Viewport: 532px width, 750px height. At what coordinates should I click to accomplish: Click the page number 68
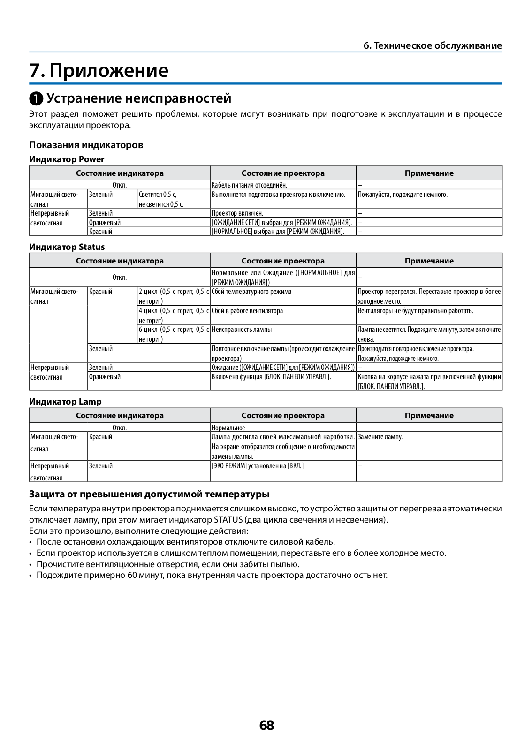coord(266,726)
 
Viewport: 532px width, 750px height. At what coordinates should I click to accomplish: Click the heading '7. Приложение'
coord(99,70)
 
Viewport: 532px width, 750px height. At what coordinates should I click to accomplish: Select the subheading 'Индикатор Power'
coord(67,159)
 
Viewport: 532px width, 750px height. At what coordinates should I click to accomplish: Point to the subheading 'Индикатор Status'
coord(67,247)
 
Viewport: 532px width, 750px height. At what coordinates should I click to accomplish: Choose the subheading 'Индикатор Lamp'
coord(65,401)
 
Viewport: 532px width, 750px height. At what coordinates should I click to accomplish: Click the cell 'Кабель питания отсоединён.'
coord(249,185)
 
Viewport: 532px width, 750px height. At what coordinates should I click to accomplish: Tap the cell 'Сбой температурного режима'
coord(251,292)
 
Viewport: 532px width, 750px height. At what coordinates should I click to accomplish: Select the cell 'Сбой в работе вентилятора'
coord(247,311)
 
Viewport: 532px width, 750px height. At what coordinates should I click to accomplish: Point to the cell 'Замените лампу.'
coord(380,437)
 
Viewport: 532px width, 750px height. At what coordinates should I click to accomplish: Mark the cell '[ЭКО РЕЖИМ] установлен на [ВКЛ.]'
coord(258,466)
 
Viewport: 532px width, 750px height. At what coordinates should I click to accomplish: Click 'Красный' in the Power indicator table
coord(101,232)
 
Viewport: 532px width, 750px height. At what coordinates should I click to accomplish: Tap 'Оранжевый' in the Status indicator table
coord(105,377)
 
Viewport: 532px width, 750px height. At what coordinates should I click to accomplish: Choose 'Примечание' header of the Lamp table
coord(429,415)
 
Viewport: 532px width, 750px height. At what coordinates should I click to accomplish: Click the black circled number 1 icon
coord(36,99)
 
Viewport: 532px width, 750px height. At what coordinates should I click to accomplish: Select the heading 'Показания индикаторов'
coord(86,144)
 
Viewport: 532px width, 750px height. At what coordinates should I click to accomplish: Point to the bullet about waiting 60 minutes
coord(212,575)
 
